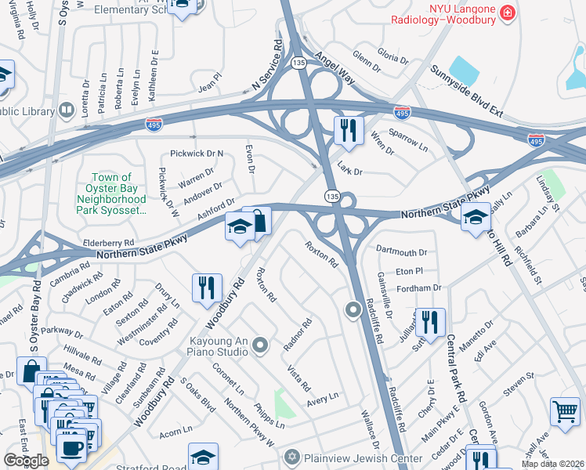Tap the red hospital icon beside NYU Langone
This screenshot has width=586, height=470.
point(508,13)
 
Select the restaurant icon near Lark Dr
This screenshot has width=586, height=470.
point(349,130)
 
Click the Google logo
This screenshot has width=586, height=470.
point(26,461)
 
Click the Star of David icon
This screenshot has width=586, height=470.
point(292,456)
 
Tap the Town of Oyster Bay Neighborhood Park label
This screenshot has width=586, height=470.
point(118,194)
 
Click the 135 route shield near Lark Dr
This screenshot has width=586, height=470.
point(332,194)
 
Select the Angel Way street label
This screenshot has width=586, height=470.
point(335,69)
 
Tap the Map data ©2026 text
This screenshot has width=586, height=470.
point(553,464)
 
